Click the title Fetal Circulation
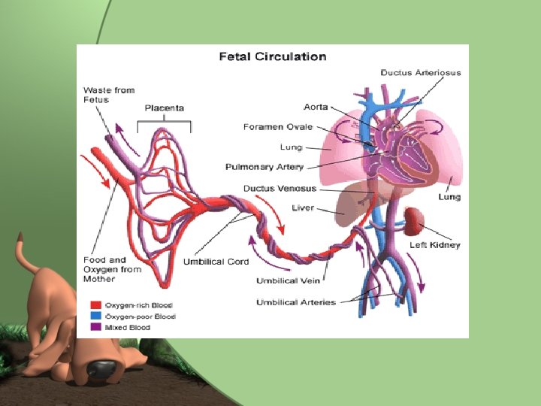pyautogui.click(x=272, y=56)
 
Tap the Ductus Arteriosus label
pyautogui.click(x=421, y=73)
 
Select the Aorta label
pyautogui.click(x=316, y=107)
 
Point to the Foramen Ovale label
pyautogui.click(x=278, y=127)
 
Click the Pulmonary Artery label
pyautogui.click(x=264, y=166)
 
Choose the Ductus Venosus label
pyautogui.click(x=280, y=188)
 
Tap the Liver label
pyautogui.click(x=303, y=208)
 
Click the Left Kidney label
pyautogui.click(x=434, y=245)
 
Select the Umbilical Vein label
pyautogui.click(x=289, y=280)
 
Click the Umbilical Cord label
pyautogui.click(x=216, y=262)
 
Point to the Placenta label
pyautogui.click(x=164, y=108)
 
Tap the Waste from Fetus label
pyautogui.click(x=108, y=95)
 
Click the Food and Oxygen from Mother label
pyautogui.click(x=111, y=269)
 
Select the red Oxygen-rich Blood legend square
pyautogui.click(x=95, y=306)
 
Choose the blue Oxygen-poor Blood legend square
pyautogui.click(x=95, y=317)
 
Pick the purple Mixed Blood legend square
pyautogui.click(x=95, y=327)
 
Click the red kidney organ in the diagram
pyautogui.click(x=413, y=220)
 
